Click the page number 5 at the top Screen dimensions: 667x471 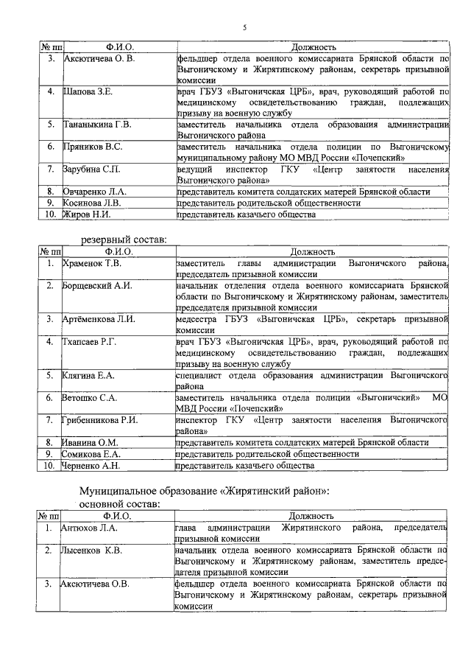point(244,27)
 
